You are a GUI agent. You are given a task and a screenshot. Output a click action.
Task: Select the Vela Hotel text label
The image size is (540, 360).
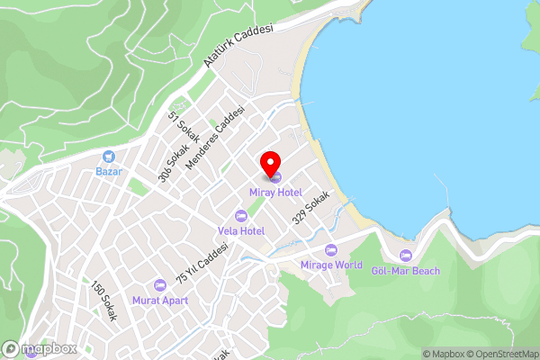point(240,230)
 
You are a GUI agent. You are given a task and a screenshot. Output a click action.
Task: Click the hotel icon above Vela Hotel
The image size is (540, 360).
point(240,215)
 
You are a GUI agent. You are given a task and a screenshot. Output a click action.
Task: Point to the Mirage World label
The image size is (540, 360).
point(330,265)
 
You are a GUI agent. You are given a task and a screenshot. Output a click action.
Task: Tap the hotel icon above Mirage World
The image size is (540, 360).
point(330,249)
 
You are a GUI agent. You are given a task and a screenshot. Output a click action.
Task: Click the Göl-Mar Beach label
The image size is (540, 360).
point(405,271)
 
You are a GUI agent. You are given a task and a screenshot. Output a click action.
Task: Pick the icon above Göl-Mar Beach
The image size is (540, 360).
point(405,256)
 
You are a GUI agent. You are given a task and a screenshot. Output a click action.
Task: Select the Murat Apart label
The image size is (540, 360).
point(160,301)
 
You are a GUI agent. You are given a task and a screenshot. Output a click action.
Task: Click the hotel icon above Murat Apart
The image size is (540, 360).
point(160,284)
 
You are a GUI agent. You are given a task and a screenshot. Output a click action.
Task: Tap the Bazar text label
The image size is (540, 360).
point(109,171)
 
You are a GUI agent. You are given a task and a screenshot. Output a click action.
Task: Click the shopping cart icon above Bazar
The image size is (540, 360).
point(109,156)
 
